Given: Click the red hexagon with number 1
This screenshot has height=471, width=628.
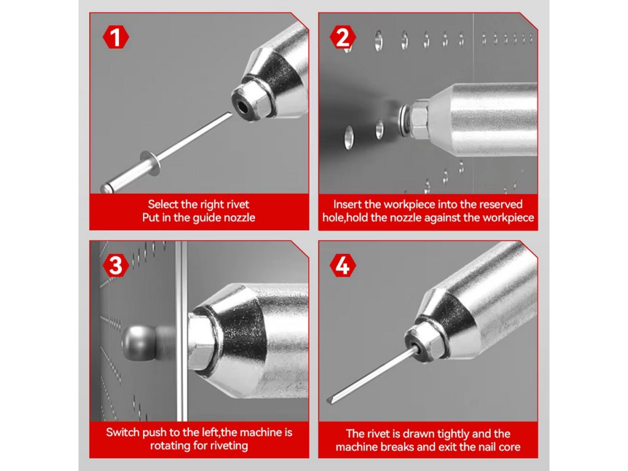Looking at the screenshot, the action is click(116, 37).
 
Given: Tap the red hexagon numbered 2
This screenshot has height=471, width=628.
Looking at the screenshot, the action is click(343, 37).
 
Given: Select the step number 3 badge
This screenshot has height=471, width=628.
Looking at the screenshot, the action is click(116, 266).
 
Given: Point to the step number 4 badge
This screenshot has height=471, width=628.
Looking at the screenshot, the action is click(343, 266).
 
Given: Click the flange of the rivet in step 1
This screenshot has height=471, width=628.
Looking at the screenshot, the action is click(151, 163).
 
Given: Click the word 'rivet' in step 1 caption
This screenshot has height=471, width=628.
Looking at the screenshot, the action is click(238, 204).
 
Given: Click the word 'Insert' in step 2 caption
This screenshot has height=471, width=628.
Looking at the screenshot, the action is click(347, 204).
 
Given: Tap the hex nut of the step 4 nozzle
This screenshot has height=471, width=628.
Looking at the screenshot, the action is click(424, 340).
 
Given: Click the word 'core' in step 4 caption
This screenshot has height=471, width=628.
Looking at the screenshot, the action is click(509, 446).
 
